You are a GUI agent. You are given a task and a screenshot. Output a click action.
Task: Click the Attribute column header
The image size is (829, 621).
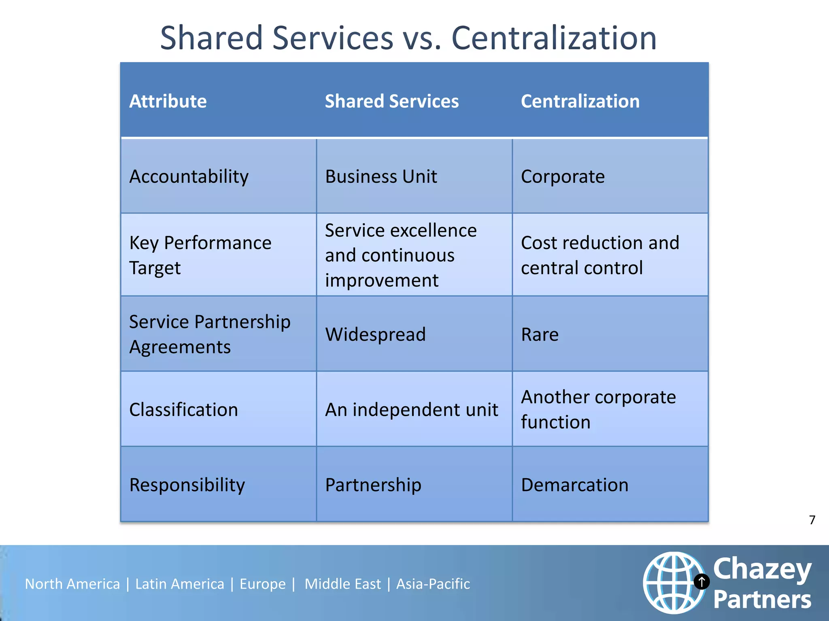pos(168,101)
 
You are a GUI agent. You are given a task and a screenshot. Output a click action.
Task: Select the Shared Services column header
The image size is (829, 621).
pos(391,101)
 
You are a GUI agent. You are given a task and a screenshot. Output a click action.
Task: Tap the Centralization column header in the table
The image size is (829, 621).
pos(580,101)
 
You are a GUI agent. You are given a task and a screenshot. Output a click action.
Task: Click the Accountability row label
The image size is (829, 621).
pos(189,177)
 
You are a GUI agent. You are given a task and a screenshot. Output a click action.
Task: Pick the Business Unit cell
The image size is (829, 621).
pos(381,177)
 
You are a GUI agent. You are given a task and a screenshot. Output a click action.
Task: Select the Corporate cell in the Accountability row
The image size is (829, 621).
pos(563,177)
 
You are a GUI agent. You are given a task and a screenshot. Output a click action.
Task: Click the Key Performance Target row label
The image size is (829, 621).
pos(200,255)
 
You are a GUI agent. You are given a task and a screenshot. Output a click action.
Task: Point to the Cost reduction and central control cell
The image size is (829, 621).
pos(600,255)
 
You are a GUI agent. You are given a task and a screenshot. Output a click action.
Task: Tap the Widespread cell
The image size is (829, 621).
pos(375,334)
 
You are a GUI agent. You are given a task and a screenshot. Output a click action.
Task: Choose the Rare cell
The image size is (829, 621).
pos(540,334)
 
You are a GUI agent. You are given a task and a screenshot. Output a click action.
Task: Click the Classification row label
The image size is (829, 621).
pos(183,410)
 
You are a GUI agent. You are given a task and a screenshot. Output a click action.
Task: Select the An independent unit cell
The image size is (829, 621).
pos(411,410)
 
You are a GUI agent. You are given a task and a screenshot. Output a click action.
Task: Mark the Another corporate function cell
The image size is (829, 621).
pos(598,410)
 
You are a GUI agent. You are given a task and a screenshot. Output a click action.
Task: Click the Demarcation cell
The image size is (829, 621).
pos(574,485)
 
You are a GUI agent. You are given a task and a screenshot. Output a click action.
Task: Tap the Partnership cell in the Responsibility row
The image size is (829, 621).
pos(373,485)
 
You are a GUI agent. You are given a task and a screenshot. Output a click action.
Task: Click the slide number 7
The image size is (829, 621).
pos(812,520)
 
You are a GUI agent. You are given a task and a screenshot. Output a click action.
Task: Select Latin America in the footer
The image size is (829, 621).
pos(179,584)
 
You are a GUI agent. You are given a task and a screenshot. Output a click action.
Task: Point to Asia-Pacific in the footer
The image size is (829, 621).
pos(433,584)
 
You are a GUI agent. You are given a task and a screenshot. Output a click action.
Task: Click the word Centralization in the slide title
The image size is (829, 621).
pos(553,38)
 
